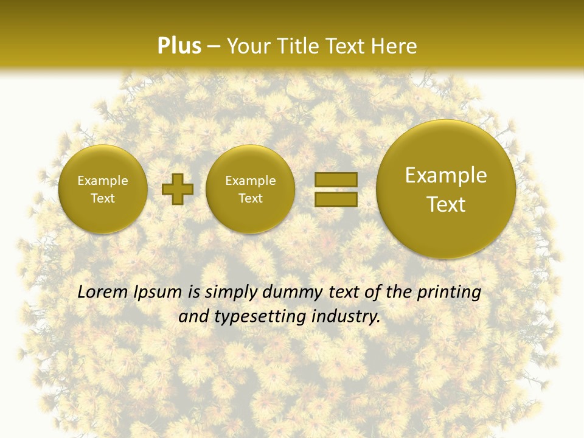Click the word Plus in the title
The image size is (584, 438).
click(179, 46)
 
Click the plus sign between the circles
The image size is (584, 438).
click(178, 189)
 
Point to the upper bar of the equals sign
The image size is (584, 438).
click(335, 179)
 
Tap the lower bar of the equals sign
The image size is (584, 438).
click(335, 200)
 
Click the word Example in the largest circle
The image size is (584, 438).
click(446, 175)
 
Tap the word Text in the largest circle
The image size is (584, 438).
click(446, 204)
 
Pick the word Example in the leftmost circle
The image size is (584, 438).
click(103, 181)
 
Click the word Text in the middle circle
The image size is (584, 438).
click(251, 198)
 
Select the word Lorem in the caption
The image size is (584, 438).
click(103, 292)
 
